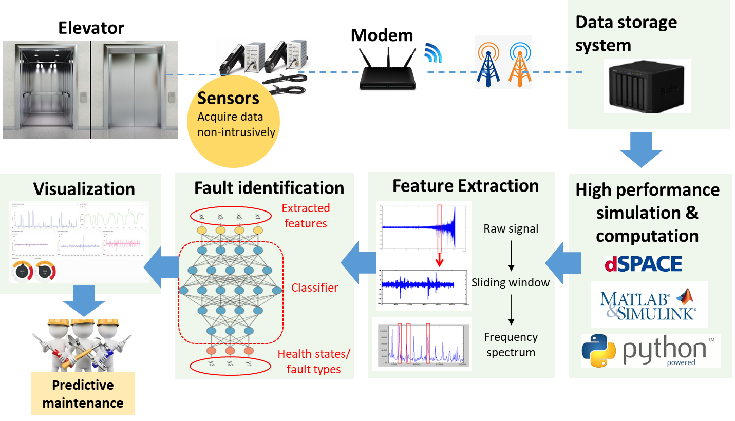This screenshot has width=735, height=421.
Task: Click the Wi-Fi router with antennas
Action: coord(387,69)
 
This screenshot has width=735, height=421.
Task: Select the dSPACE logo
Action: coord(643,264)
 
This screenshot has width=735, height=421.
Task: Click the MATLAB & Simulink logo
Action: coord(649,304)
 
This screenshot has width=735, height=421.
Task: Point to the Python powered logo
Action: coord(650,351)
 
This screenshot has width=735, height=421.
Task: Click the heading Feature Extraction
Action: coord(465,186)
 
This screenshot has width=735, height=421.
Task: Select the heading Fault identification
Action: coord(269,188)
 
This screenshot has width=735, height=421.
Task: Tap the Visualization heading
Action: coord(84,189)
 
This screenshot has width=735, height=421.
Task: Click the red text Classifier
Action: coord(314,288)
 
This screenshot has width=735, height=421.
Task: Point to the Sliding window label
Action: coord(511,282)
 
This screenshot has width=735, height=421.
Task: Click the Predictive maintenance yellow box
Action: coord(83,394)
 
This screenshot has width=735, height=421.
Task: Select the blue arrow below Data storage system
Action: coord(640,149)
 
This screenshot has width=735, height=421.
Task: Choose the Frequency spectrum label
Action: coord(511,345)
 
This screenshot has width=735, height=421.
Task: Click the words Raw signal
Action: coord(511,229)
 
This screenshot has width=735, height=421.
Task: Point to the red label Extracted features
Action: coord(306,216)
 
